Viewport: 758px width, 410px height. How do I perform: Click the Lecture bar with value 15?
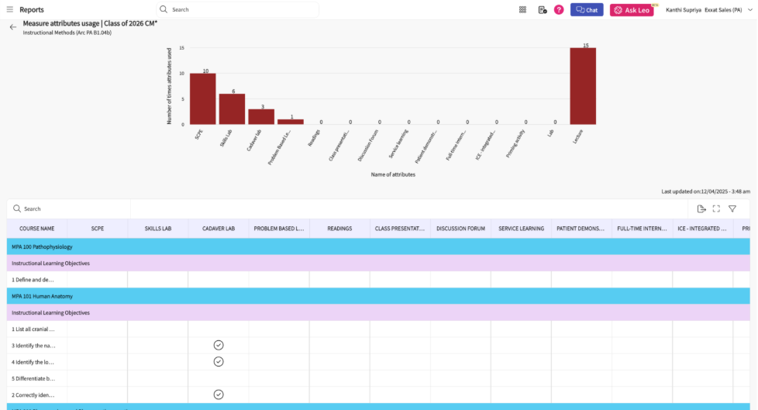pos(583,86)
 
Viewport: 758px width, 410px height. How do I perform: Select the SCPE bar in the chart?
pos(203,98)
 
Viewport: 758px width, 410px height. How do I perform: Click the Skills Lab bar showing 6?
pos(232,109)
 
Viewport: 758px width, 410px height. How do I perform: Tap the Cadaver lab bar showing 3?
pos(261,116)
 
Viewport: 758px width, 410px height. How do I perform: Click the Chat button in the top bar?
pos(587,10)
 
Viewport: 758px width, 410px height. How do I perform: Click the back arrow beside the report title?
pos(12,27)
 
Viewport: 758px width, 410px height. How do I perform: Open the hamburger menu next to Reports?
pos(10,10)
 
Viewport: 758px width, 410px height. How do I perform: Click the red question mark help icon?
pos(559,10)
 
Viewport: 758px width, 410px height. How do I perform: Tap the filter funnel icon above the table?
pos(732,208)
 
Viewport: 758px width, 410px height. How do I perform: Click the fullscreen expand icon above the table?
pos(716,208)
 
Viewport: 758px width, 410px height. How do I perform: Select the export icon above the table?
pos(701,208)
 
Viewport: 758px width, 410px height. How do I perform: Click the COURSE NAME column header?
pos(36,229)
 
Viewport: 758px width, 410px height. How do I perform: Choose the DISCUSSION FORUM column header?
pos(460,229)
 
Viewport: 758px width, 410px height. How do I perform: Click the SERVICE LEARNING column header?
pos(520,229)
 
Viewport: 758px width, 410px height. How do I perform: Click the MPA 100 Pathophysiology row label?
pos(42,246)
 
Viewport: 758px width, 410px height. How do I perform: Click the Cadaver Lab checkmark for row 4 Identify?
pos(219,361)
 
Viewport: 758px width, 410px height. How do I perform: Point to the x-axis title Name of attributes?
pos(393,174)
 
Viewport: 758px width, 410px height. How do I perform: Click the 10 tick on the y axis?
pos(182,74)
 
